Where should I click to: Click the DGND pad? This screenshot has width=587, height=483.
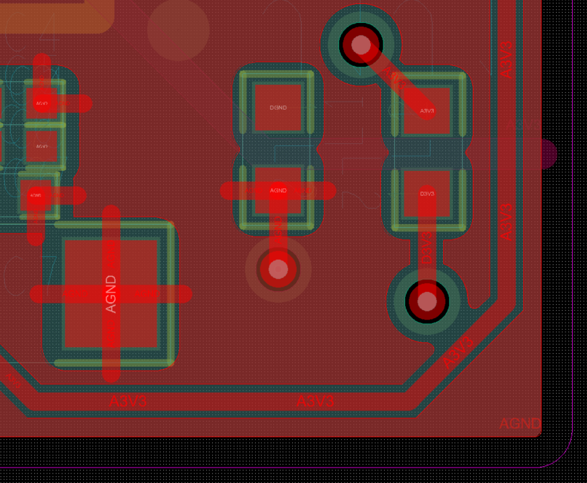click(x=277, y=108)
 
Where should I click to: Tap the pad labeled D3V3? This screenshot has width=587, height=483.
click(x=426, y=194)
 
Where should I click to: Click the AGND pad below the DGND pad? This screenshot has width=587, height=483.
click(x=277, y=190)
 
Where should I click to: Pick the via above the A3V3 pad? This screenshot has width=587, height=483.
click(x=361, y=45)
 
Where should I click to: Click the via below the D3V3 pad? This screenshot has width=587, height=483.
click(x=427, y=301)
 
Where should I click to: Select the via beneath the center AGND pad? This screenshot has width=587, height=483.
click(x=277, y=270)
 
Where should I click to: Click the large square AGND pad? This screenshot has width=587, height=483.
click(x=111, y=294)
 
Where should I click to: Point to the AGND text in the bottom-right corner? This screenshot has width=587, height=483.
click(x=519, y=423)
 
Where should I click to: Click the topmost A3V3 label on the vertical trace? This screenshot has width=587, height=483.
click(x=507, y=59)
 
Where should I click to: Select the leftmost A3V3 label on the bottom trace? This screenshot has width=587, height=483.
click(x=128, y=402)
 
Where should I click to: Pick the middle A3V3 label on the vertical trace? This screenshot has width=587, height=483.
click(x=507, y=222)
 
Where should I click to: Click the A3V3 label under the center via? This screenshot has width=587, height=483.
click(x=315, y=402)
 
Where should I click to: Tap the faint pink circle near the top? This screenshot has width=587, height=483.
click(x=178, y=29)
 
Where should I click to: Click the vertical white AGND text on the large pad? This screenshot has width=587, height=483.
click(x=111, y=294)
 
